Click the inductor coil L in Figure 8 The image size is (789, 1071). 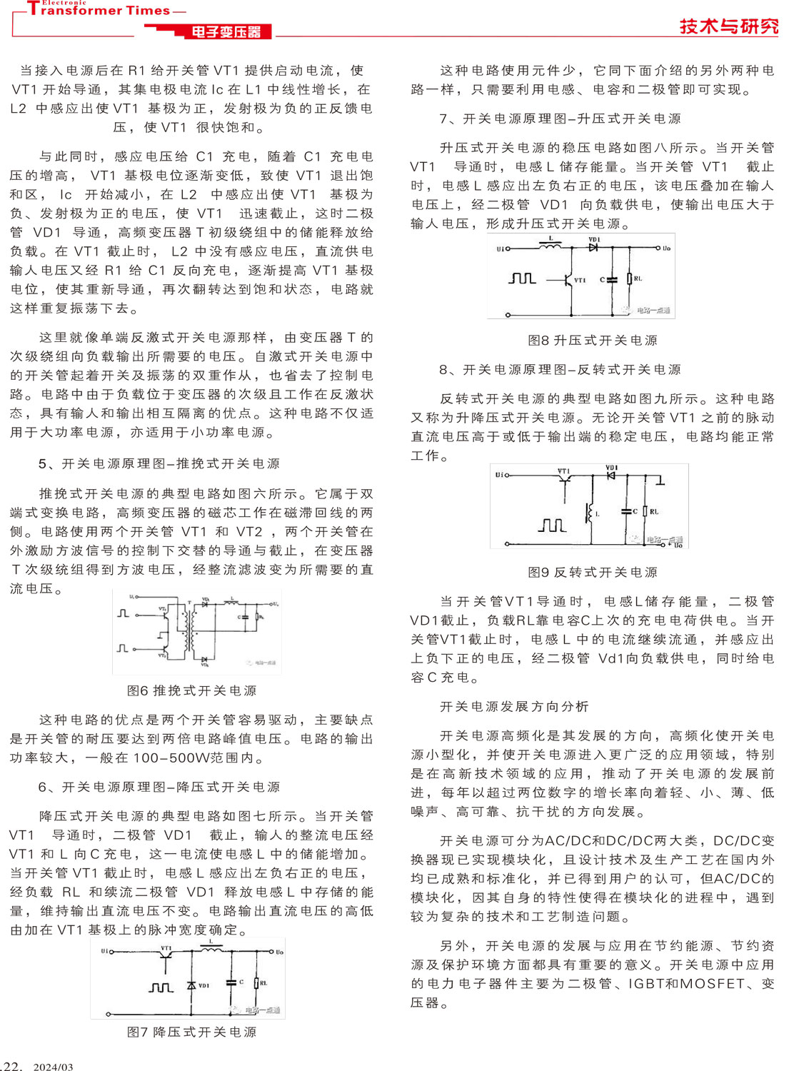point(550,248)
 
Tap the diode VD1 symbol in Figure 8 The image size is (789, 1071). point(593,248)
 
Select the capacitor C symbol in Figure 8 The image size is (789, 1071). point(612,279)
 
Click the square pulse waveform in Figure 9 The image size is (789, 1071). point(552,526)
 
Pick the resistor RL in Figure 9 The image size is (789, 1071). point(645,511)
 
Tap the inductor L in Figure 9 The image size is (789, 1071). point(590,511)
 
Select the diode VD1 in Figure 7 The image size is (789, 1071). point(191,985)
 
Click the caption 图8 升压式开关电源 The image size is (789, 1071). point(593,341)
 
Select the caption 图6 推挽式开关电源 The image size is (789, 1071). point(191,690)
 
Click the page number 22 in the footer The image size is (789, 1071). point(12,1066)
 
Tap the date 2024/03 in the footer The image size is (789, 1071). point(53,1067)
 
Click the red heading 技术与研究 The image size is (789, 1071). point(728,26)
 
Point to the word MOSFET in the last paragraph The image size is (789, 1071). point(713,983)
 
